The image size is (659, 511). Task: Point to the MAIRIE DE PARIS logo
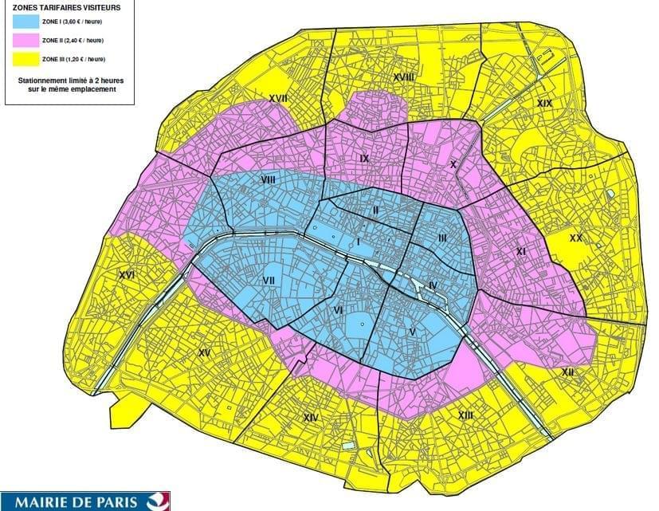tap(84, 501)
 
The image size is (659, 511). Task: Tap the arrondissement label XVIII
tap(403, 77)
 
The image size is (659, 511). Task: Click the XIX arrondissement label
tap(544, 104)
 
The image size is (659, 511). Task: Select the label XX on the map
tap(575, 238)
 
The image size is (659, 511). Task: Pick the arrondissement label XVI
tap(126, 275)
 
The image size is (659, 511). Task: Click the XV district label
tap(204, 352)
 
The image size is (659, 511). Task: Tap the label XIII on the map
tap(465, 415)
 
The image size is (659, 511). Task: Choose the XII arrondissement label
tap(568, 371)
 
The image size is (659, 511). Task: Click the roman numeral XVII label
tap(278, 98)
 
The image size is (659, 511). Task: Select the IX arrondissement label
tap(364, 159)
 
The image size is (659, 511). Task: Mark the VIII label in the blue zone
tap(268, 181)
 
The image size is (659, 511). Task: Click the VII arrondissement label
tap(269, 281)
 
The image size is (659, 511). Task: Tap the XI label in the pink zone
tap(521, 251)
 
